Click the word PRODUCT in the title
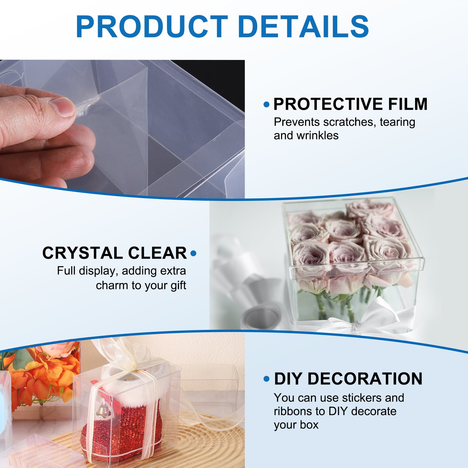152,27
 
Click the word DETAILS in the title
303,27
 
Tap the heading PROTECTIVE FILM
350,104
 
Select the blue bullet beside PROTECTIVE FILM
266,104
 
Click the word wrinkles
317,135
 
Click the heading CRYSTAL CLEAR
114,253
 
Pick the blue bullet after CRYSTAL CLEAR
193,253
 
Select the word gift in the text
178,285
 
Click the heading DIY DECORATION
348,379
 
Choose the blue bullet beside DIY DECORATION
266,379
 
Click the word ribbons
293,411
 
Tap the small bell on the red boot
102,409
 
